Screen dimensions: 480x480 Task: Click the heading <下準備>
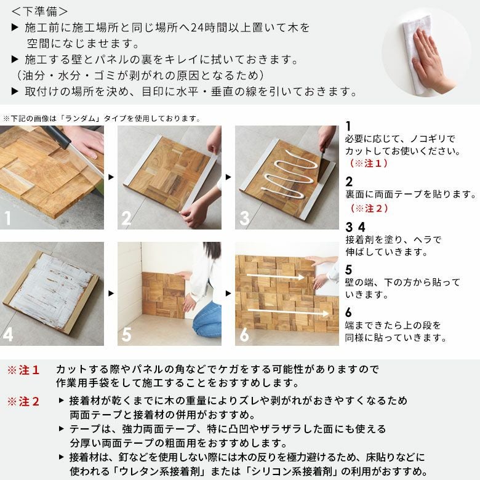click(41, 11)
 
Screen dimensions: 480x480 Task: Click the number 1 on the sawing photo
click(8, 218)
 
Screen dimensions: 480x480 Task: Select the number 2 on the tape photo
click(126, 218)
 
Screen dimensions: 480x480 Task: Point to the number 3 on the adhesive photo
click(244, 218)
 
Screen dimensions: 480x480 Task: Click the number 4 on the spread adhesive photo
click(8, 335)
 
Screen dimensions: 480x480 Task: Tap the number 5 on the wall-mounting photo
click(126, 335)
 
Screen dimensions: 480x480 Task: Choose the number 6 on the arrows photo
click(244, 335)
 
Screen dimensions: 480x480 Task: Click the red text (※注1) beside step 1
click(370, 164)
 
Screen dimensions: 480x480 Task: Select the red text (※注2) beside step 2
click(370, 209)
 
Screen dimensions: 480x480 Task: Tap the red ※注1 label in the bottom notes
click(23, 370)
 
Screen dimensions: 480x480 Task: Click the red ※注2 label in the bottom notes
click(23, 402)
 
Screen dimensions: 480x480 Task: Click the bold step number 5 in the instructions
click(349, 270)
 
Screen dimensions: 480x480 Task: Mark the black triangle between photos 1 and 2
click(111, 177)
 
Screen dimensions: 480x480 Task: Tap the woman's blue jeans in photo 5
click(207, 320)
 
